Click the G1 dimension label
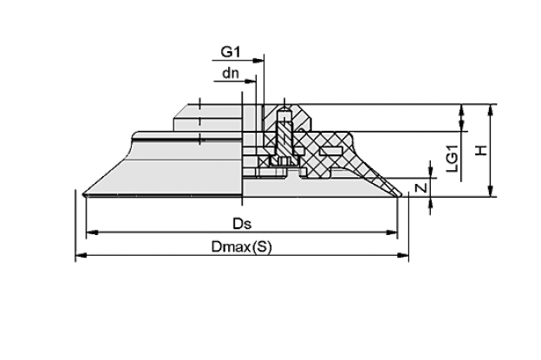coord(231,52)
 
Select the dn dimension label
coord(231,73)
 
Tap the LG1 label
coord(452,159)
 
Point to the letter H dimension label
coord(481,150)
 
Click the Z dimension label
coord(421,187)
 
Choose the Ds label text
coord(242,224)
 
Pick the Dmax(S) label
coord(242,246)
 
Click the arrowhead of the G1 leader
coord(258,61)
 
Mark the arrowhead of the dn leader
coord(251,82)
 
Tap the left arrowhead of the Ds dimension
coord(92,232)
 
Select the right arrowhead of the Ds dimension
coord(392,232)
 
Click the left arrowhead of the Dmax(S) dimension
coord(81,255)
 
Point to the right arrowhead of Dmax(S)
coord(402,255)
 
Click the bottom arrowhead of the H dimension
coord(491,191)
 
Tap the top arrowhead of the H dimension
coord(491,110)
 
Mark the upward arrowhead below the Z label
coord(430,203)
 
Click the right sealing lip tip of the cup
coord(399,194)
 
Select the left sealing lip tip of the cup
coord(85,194)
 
